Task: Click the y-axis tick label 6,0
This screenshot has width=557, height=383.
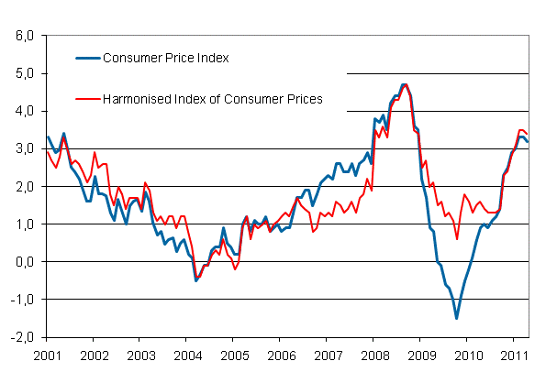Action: click(23, 36)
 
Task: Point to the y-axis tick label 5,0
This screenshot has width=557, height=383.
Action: click(23, 73)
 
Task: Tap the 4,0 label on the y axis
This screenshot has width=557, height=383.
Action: click(23, 111)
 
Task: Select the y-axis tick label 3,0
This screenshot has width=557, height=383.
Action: click(23, 148)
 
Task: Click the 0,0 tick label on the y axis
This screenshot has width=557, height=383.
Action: click(23, 262)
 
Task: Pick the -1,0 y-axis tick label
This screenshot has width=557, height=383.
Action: click(21, 300)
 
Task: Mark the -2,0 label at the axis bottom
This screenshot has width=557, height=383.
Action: click(21, 337)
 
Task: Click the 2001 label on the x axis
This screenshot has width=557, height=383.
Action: click(46, 355)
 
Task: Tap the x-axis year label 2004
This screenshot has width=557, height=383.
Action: click(187, 355)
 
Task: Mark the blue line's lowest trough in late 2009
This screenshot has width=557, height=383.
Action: click(456, 318)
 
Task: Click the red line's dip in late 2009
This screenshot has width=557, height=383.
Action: click(457, 239)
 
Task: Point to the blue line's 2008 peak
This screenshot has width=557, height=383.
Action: click(404, 84)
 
